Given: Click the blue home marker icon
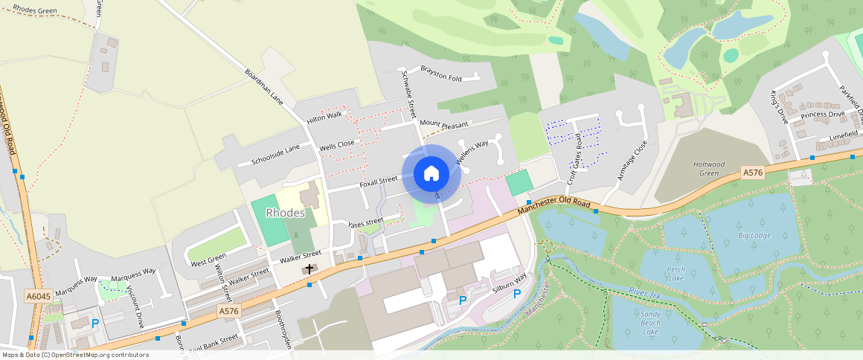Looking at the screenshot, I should click(431, 174).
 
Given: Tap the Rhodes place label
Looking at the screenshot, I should click(286, 213).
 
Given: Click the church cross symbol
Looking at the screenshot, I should click(309, 269).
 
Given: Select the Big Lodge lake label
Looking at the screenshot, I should click(754, 236).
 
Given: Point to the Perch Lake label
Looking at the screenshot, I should click(676, 274).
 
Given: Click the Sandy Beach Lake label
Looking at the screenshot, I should click(650, 322).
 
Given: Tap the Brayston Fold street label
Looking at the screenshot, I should click(441, 73).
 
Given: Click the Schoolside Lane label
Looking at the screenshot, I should click(275, 155).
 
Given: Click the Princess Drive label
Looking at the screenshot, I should click(822, 115).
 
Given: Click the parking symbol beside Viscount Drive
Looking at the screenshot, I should click(94, 324).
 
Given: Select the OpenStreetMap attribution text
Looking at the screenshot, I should click(75, 355).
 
